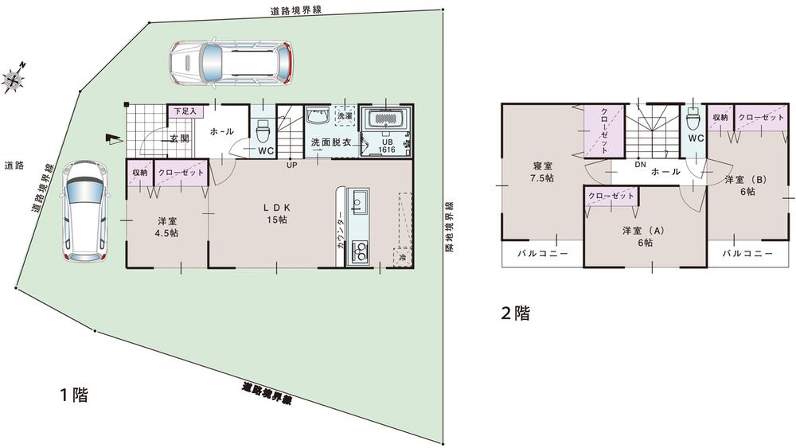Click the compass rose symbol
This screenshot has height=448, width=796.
coord(14,78)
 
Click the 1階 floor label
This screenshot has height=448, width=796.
coord(73,395)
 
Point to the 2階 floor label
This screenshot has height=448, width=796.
coord(515,313)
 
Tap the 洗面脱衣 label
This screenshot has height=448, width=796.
coord(330,142)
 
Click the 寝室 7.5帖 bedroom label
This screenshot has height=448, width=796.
coord(544,173)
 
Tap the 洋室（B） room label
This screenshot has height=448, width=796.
coord(746,185)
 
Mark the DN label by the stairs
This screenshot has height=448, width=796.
coord(640,165)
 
